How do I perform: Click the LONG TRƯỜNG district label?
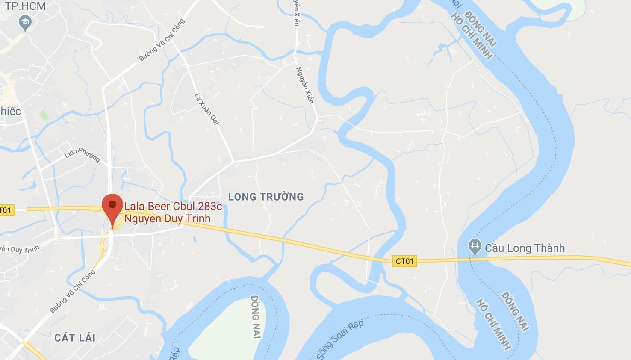click(x=266, y=197)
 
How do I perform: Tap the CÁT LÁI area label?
click(x=75, y=338)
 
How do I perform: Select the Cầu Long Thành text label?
click(x=525, y=248)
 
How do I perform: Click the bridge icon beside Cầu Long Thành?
click(x=475, y=246)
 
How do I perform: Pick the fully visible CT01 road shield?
click(x=404, y=261)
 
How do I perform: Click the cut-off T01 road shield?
click(x=6, y=210)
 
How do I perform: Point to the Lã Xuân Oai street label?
click(x=206, y=109)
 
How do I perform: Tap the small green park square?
click(x=44, y=115)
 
